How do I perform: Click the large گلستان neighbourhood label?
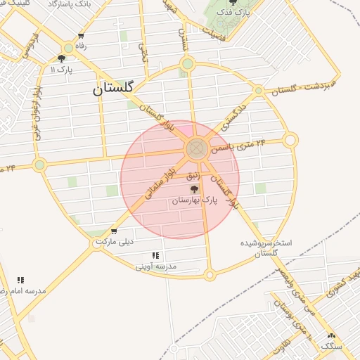(x=117, y=89)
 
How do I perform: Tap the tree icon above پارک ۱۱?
(x=61, y=59)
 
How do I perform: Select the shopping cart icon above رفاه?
(x=82, y=36)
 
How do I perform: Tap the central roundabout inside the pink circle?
(x=196, y=148)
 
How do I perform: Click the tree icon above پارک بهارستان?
(x=195, y=189)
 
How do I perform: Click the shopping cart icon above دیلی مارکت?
(x=114, y=231)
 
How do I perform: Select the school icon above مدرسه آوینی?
(x=155, y=255)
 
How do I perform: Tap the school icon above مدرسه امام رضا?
(x=20, y=279)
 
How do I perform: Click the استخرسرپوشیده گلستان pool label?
(x=271, y=247)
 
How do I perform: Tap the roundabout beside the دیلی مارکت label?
(x=98, y=243)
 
